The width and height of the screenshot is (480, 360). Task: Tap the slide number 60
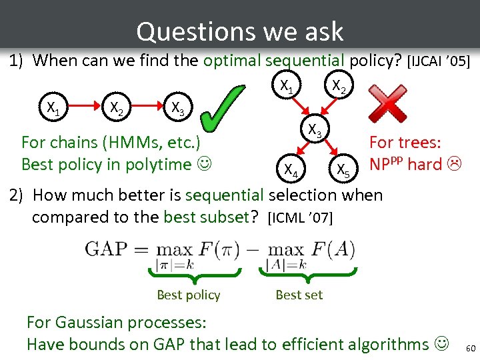tap(471, 349)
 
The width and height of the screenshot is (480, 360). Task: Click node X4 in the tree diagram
tap(291, 171)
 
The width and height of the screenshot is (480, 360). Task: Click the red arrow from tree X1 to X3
tap(298, 106)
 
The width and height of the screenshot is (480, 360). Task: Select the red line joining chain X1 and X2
tap(82, 105)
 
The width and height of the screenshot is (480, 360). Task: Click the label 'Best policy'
tap(188, 295)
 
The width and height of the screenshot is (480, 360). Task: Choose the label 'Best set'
tap(299, 295)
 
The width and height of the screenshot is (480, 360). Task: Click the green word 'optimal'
tap(232, 61)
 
